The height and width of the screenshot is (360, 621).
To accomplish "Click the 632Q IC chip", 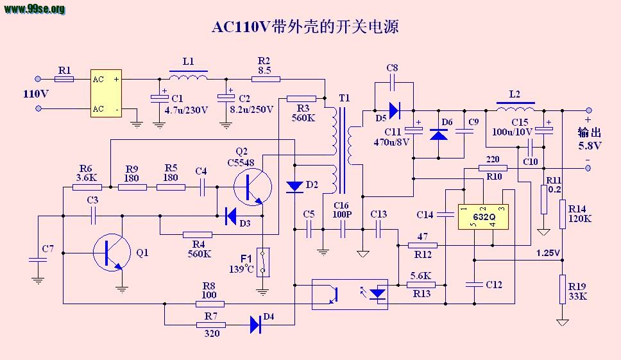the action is coord(483,217).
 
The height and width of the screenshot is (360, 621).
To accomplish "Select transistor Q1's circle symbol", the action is coord(112,252).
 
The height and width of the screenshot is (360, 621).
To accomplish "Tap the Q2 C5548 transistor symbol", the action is coord(253,187).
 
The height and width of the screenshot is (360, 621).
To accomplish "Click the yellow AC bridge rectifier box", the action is coord(106,94).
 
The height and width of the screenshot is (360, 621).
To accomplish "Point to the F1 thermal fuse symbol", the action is coord(262,262).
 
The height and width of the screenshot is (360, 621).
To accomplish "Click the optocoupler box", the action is coord(350,295).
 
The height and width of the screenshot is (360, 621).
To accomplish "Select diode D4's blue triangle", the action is coord(255,325).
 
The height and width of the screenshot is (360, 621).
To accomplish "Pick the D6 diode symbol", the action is coord(439,135).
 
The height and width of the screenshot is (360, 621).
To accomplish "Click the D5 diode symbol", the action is coord(395,110).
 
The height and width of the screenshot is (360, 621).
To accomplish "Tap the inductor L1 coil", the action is coord(189,76).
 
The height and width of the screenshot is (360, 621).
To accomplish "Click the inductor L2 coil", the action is coord(515,107).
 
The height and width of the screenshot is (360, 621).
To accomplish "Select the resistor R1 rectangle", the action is coord(64,79).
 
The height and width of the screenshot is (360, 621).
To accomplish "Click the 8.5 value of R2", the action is coord(264,71).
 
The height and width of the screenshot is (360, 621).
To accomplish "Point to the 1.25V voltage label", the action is coord(548,253).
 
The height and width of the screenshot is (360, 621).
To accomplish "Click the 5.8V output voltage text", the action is coord(590,146).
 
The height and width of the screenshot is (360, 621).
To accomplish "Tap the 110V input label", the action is coord(36,94).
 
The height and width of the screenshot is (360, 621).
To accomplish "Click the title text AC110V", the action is coord(241,27).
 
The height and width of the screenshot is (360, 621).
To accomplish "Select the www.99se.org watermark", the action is coord(35,9).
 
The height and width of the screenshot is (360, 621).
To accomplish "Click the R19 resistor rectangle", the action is coord(563,289).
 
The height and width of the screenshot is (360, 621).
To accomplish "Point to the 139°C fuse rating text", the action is coord(241,269).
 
